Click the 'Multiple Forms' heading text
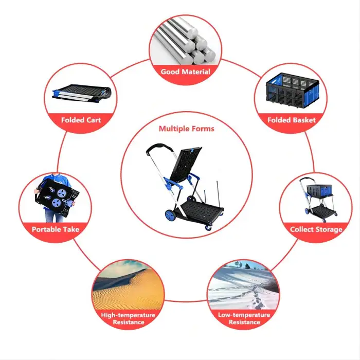186,129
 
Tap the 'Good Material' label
185,72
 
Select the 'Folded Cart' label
81,120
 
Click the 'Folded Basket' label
292,120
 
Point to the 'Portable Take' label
56,229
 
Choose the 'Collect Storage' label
316,229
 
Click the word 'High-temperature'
128,315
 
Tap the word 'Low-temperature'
244,315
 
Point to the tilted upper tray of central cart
185,164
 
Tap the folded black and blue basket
292,90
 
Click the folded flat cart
82,93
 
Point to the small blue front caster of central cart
209,228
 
